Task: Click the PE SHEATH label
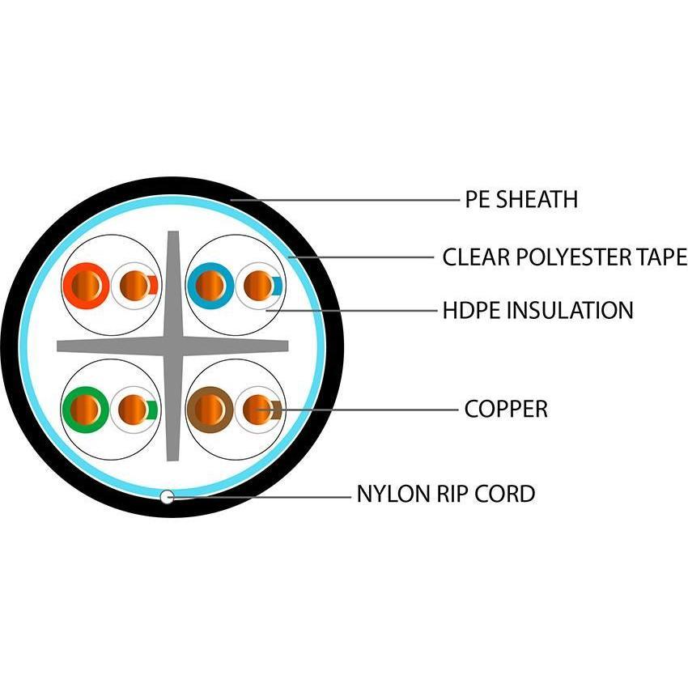click(x=521, y=199)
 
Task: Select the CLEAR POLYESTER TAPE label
click(x=564, y=258)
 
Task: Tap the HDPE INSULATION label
click(x=537, y=309)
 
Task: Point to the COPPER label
click(x=506, y=409)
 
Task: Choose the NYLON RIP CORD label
click(x=445, y=493)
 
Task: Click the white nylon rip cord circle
click(x=167, y=496)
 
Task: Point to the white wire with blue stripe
click(x=258, y=285)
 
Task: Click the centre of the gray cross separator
click(x=172, y=346)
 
